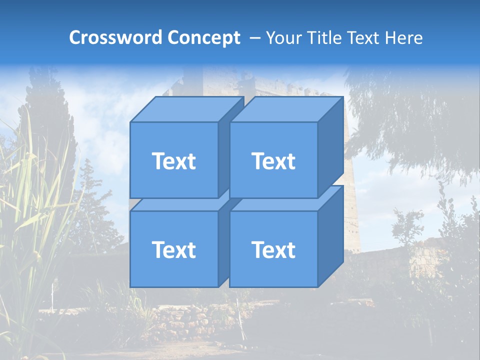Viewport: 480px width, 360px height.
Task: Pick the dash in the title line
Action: pyautogui.click(x=254, y=38)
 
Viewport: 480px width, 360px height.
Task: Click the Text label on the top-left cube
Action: pyautogui.click(x=173, y=161)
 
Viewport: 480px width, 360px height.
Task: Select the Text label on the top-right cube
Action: pyautogui.click(x=273, y=161)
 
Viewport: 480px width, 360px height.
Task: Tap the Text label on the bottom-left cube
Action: pyautogui.click(x=173, y=249)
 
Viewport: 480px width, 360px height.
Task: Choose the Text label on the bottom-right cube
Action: pyautogui.click(x=273, y=249)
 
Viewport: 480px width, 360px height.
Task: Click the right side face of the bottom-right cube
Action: pyautogui.click(x=330, y=235)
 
